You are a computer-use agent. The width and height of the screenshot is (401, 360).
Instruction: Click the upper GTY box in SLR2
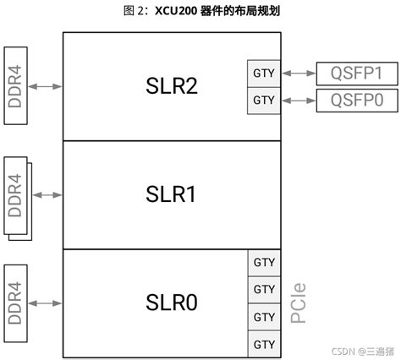(264, 74)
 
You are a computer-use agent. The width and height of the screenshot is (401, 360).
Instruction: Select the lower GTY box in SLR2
(264, 101)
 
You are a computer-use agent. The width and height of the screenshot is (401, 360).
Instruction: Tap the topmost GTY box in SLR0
(264, 262)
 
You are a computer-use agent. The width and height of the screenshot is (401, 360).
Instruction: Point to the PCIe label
(298, 303)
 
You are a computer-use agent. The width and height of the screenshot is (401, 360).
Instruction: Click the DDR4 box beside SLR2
(15, 85)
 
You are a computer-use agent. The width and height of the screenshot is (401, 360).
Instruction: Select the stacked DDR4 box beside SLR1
(16, 194)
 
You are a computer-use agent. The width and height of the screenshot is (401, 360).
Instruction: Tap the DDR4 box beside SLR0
(15, 302)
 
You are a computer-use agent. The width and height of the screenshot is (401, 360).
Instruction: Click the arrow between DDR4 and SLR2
(47, 85)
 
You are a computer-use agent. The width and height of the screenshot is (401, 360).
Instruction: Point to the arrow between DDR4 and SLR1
(47, 194)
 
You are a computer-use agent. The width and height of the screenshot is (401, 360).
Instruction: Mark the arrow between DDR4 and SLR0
(47, 302)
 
